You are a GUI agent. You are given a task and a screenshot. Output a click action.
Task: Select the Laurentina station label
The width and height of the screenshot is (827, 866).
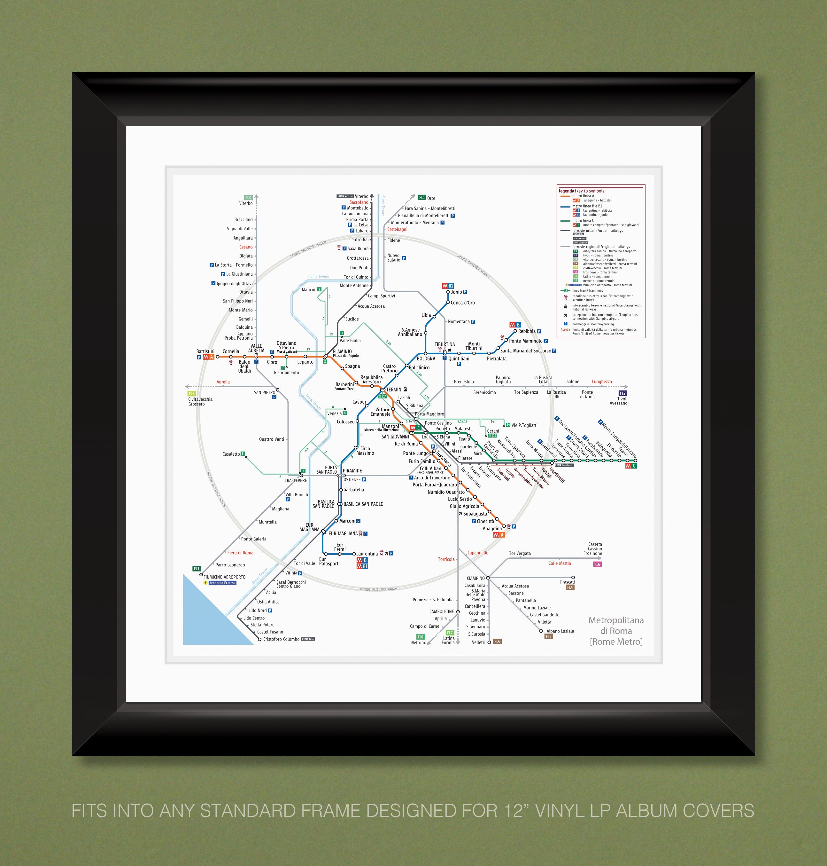coord(367,554)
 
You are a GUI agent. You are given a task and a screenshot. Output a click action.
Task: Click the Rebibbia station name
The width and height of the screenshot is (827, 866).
coord(527,331)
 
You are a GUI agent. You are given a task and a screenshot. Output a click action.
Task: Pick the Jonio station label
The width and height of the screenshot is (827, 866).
coord(456,292)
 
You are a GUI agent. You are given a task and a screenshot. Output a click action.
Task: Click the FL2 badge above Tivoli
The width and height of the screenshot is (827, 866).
coord(622,393)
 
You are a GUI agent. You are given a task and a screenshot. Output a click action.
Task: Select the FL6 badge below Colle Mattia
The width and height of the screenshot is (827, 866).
coord(597,564)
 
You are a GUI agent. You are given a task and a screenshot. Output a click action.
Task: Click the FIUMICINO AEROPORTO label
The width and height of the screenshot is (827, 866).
coord(224,577)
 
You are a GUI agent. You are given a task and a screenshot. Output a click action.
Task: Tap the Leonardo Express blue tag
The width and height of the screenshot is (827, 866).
coord(223,583)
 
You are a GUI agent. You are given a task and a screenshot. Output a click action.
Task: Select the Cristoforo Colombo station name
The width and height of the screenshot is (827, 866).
coord(281,639)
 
